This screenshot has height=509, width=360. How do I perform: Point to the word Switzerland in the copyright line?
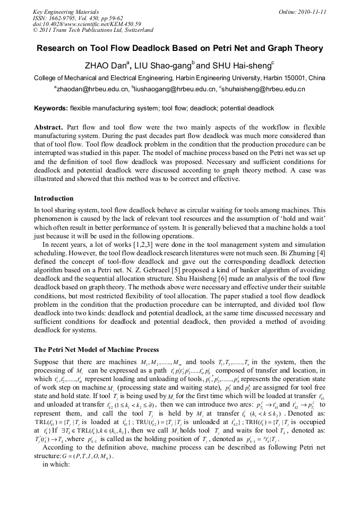coord(137,30)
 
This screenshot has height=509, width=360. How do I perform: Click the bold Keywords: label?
coord(51,108)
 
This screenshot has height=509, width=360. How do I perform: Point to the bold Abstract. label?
coord(48,128)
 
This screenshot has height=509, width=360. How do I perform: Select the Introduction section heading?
coord(54,199)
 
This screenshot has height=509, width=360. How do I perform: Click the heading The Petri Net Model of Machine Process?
coord(96,350)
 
